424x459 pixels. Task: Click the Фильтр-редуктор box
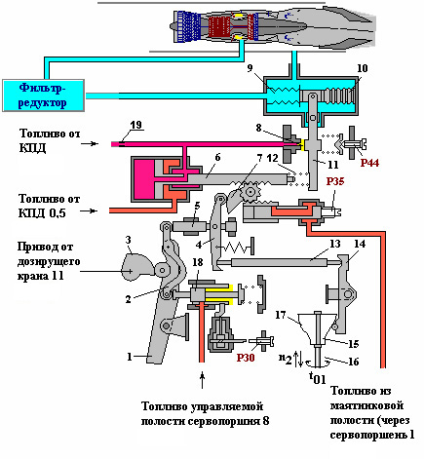(43, 96)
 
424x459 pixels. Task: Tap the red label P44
(369, 163)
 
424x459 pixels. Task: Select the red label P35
(335, 181)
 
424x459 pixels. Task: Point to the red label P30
(246, 358)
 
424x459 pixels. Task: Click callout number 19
(136, 125)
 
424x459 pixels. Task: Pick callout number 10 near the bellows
(363, 68)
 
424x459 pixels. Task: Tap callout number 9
(250, 68)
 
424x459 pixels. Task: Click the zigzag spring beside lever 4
(235, 249)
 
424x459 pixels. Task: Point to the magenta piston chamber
(144, 179)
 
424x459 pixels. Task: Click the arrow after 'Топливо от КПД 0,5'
(89, 210)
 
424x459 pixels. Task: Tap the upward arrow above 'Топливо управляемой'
(203, 381)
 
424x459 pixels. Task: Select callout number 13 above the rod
(334, 244)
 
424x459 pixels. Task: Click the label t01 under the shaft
(317, 378)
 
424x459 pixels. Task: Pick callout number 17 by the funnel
(281, 315)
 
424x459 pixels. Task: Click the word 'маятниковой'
(366, 405)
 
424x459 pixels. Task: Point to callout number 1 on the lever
(130, 357)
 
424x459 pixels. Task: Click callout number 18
(198, 262)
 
